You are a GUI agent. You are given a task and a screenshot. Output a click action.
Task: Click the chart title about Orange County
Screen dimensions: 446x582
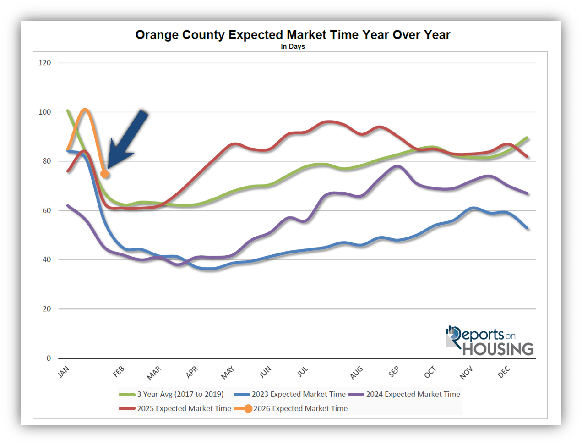pyautogui.click(x=293, y=35)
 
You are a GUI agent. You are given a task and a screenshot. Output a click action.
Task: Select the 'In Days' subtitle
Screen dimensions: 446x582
pyautogui.click(x=293, y=46)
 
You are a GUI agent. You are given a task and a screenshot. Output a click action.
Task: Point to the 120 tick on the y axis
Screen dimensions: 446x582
pyautogui.click(x=45, y=62)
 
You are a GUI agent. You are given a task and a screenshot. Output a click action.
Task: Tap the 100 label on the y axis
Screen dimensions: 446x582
pyautogui.click(x=45, y=112)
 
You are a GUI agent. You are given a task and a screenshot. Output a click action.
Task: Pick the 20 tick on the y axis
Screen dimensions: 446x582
pyautogui.click(x=47, y=309)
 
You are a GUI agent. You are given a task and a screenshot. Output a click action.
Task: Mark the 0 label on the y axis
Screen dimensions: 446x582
pyautogui.click(x=49, y=358)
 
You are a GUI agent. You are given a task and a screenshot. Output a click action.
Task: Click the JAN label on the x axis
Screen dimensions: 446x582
pyautogui.click(x=64, y=371)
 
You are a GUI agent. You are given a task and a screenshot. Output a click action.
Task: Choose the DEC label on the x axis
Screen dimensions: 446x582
pyautogui.click(x=504, y=372)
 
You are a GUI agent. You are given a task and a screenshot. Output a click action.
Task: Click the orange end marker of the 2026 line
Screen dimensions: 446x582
pyautogui.click(x=104, y=174)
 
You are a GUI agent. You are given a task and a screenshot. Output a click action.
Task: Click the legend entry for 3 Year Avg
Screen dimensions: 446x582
pyautogui.click(x=171, y=394)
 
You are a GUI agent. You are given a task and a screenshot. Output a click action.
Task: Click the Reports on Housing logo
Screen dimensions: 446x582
pyautogui.click(x=490, y=341)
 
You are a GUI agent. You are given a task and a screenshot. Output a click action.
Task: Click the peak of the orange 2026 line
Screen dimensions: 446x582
pyautogui.click(x=85, y=110)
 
